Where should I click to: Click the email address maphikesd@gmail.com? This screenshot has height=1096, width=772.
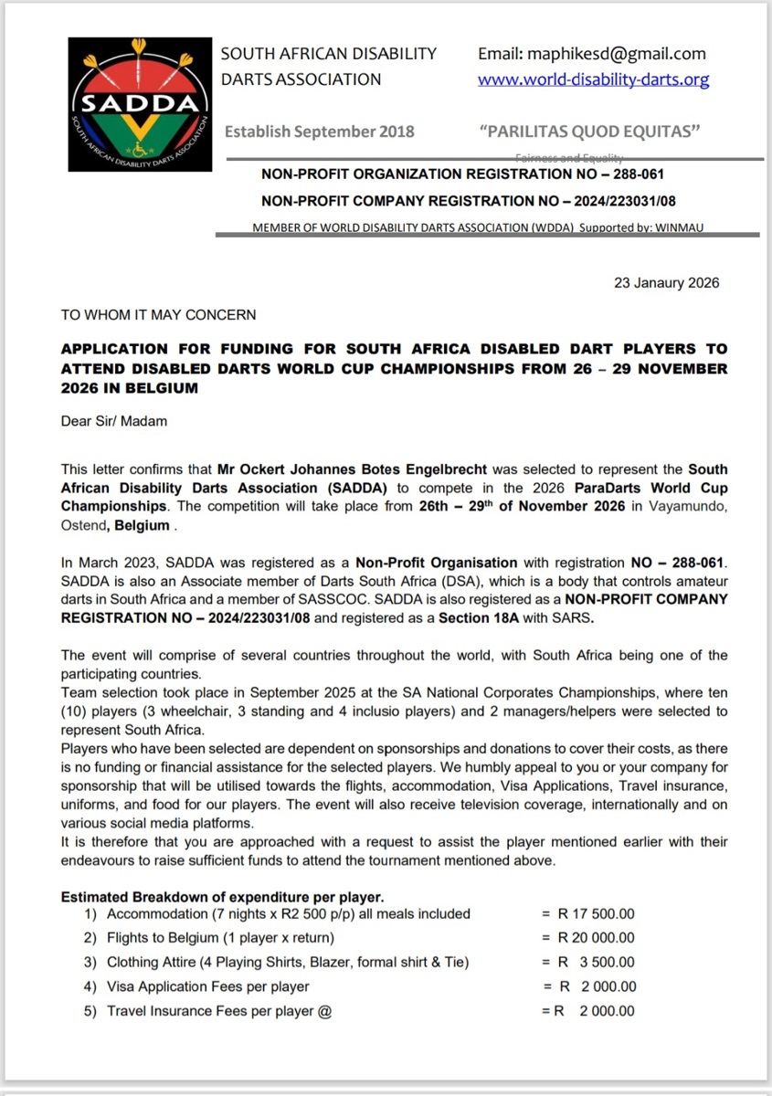click(592, 54)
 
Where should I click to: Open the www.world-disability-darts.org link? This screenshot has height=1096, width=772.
click(593, 79)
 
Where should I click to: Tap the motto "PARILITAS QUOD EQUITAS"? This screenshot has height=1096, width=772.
click(589, 132)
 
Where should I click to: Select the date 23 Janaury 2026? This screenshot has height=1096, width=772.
click(666, 282)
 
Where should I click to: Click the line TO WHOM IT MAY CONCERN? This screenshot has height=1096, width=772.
click(158, 315)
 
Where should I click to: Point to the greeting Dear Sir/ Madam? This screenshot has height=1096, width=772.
click(114, 421)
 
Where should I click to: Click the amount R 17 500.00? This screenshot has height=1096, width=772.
click(597, 913)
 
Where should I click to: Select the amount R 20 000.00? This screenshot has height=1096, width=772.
click(597, 938)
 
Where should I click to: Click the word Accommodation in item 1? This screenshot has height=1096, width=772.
click(154, 913)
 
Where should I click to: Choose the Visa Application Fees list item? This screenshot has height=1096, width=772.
click(207, 986)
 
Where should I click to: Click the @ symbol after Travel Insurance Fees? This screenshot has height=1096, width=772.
click(324, 1010)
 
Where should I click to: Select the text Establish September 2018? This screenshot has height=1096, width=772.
click(319, 132)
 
